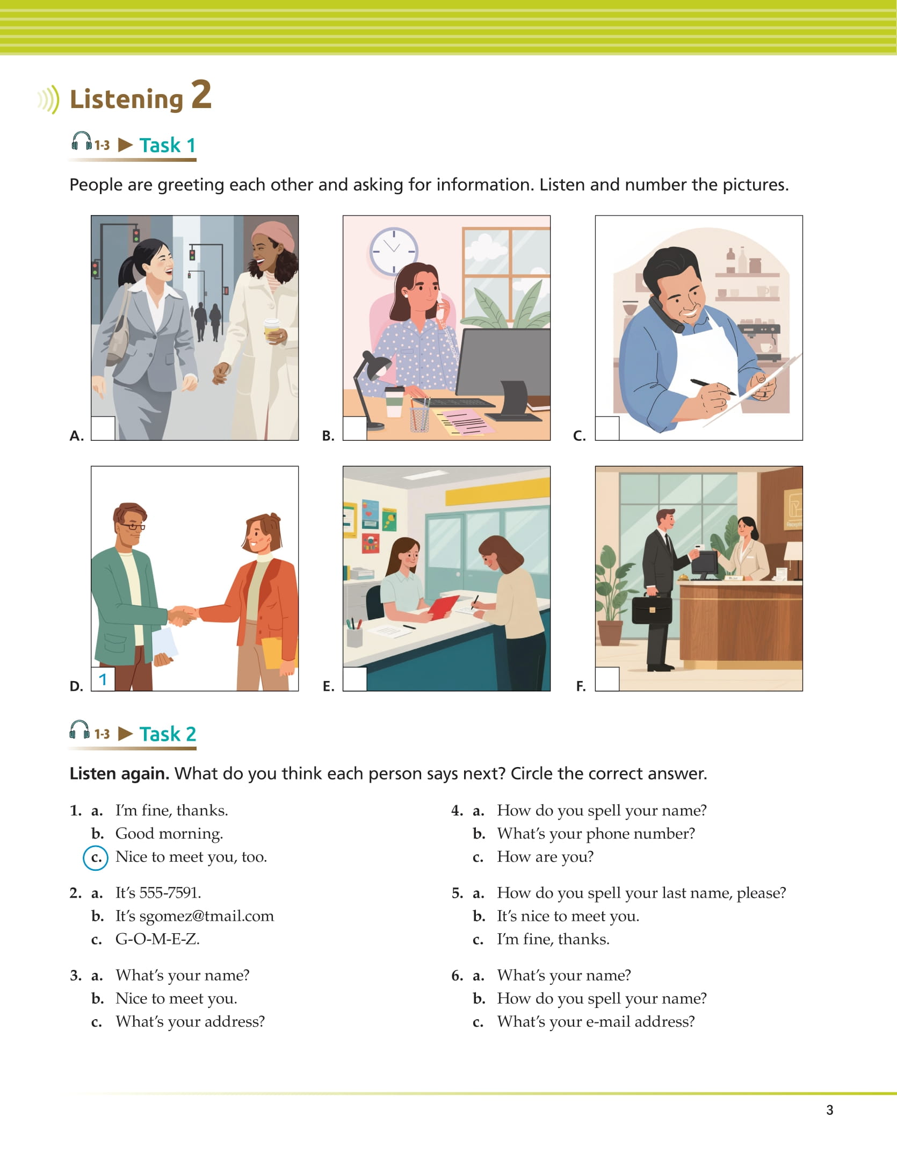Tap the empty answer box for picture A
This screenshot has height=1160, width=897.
point(103,428)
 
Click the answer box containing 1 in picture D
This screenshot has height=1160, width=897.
point(103,679)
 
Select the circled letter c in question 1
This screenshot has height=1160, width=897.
point(96,857)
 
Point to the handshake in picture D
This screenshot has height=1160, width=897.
point(183,615)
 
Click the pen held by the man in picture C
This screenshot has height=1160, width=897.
point(712,386)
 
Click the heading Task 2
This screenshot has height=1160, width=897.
point(168,734)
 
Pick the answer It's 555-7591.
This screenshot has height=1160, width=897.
point(158,893)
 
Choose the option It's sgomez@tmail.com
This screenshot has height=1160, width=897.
point(194,916)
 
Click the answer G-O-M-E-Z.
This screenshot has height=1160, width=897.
point(157,939)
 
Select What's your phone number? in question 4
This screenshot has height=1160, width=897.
point(596,834)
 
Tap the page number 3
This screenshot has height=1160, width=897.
point(829,1110)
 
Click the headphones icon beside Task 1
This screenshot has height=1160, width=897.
point(82,142)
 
